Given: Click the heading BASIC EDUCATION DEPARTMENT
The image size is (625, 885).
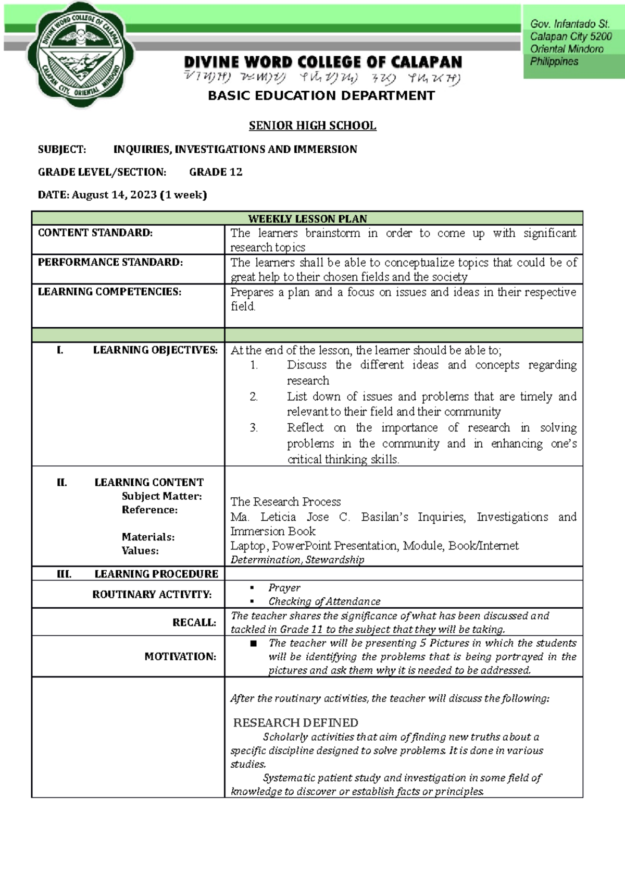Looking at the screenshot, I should tap(321, 96).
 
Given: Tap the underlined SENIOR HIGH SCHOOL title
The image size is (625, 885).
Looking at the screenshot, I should tap(312, 126).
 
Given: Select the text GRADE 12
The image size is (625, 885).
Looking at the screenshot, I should tap(216, 172).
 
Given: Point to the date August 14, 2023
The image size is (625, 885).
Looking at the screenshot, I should tap(114, 195).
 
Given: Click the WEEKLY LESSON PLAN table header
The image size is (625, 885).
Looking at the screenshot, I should tap(307, 219).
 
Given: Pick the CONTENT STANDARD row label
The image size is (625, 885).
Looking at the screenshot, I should tap(95, 233).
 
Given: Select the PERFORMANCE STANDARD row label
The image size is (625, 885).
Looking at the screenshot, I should tap(110, 262).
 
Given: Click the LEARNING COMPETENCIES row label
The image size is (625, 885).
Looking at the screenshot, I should tap(109, 292).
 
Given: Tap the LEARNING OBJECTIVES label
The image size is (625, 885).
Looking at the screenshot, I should tap(155, 350).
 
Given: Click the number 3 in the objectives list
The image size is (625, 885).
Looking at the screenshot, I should tap(254, 428).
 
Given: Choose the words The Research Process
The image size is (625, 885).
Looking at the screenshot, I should tap(285, 502).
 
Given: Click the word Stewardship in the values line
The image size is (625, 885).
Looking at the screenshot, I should tap(334, 560).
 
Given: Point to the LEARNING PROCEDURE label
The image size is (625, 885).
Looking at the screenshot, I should tap(156, 574).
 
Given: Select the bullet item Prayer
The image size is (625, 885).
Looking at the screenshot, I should tap(284, 588).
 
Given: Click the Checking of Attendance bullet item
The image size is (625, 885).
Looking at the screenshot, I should tap(324, 601).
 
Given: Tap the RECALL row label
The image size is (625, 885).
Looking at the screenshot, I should tap(194, 622).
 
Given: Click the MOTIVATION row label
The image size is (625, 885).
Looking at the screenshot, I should tap(180, 657).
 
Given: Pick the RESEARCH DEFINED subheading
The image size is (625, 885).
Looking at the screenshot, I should tap(295, 723).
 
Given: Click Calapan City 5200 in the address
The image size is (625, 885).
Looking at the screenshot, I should tap(571, 36).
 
